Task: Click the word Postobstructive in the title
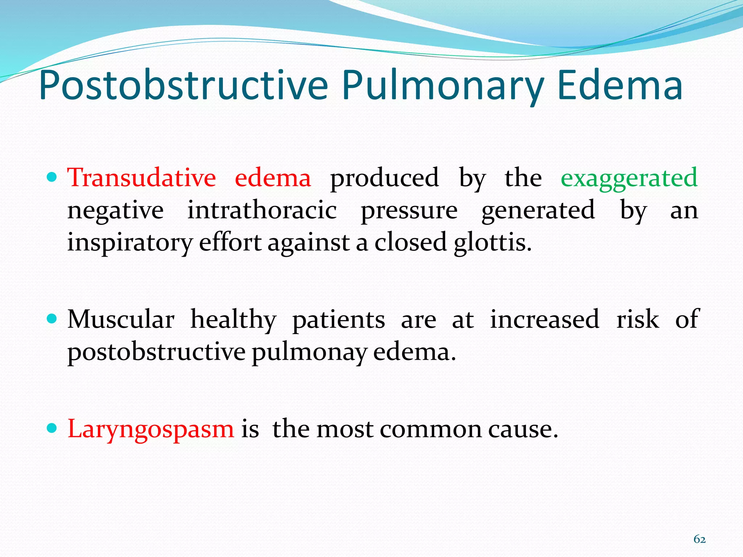(x=183, y=86)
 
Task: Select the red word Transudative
(x=141, y=178)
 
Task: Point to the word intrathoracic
(x=262, y=210)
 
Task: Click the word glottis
(x=492, y=243)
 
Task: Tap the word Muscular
(x=121, y=319)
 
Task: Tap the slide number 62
(x=699, y=539)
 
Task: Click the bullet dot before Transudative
(x=53, y=177)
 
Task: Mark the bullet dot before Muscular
(x=53, y=319)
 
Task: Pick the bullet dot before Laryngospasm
(x=53, y=428)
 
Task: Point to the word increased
(x=545, y=319)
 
